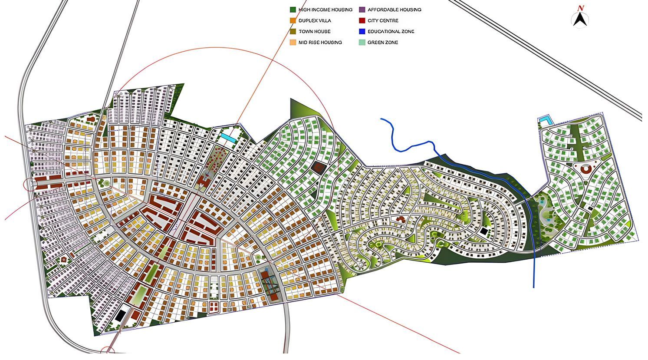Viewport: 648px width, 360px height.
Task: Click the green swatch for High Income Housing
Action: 293,10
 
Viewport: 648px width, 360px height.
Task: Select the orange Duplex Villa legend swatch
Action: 293,20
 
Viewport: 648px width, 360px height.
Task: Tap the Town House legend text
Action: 314,32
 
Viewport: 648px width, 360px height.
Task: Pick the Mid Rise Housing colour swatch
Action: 293,43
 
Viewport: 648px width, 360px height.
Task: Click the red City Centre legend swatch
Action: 362,20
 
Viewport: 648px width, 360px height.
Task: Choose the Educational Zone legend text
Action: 391,32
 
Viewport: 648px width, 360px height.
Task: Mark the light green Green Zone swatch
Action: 362,43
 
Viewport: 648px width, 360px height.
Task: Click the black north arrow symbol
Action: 580,20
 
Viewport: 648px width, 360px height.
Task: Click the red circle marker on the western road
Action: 30,184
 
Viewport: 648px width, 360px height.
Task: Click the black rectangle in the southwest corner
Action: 119,315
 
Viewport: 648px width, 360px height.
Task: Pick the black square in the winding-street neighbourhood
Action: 483,231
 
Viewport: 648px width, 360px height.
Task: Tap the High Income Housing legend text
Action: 325,10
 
